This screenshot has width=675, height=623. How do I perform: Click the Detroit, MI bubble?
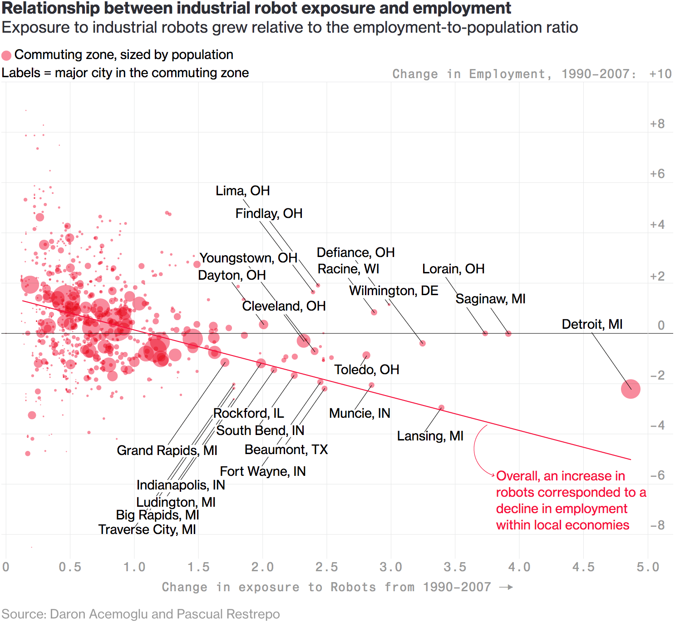[631, 389]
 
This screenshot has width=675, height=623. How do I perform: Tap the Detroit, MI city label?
[592, 324]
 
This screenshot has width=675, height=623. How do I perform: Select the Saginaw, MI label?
[490, 299]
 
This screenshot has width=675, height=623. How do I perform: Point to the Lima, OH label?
[242, 191]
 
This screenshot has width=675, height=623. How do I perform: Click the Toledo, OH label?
[367, 370]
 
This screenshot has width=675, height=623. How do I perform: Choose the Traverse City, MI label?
[147, 529]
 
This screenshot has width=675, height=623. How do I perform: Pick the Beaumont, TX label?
[286, 450]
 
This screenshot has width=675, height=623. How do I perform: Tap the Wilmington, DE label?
[394, 291]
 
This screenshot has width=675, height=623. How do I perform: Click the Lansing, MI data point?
[441, 408]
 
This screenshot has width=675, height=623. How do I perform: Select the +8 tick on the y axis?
[657, 124]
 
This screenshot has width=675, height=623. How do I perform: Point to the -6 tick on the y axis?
[657, 475]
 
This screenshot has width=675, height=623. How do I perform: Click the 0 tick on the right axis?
[661, 325]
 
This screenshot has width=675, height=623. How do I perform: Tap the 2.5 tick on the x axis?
[327, 567]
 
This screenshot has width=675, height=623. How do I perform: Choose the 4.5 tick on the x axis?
[583, 567]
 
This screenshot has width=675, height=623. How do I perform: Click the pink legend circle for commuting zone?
[6, 55]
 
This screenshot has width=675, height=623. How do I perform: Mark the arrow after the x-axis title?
[506, 587]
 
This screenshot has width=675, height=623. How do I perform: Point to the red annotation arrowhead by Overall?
[493, 475]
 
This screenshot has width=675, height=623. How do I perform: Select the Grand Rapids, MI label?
[167, 450]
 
